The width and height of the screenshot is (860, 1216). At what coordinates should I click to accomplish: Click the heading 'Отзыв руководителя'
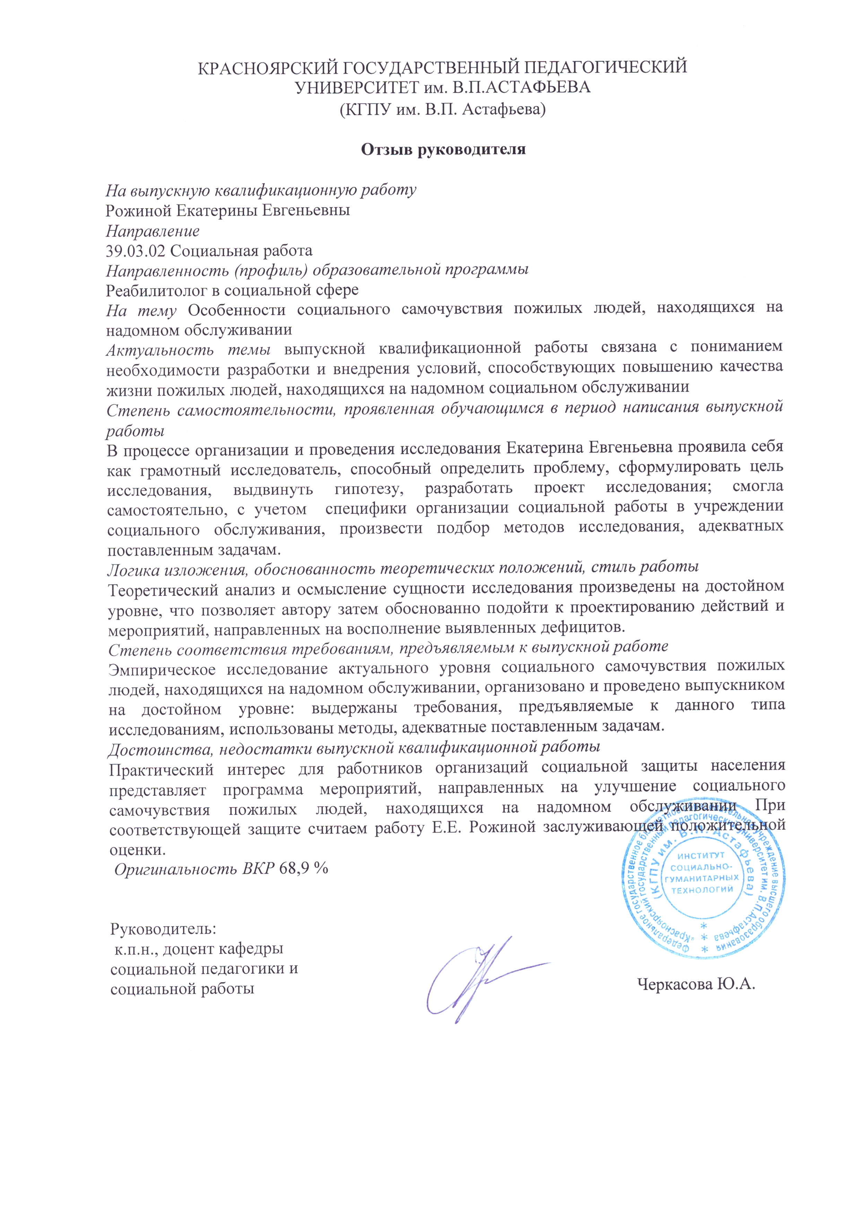coord(443,150)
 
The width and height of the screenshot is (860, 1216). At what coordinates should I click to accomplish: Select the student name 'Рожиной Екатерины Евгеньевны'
coord(228,210)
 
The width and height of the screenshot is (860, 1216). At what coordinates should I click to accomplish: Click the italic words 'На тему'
coord(141,310)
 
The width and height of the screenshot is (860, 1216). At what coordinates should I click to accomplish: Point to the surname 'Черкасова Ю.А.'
coord(696,984)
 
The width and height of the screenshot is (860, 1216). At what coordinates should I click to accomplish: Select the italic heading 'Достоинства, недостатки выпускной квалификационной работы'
coord(354,747)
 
